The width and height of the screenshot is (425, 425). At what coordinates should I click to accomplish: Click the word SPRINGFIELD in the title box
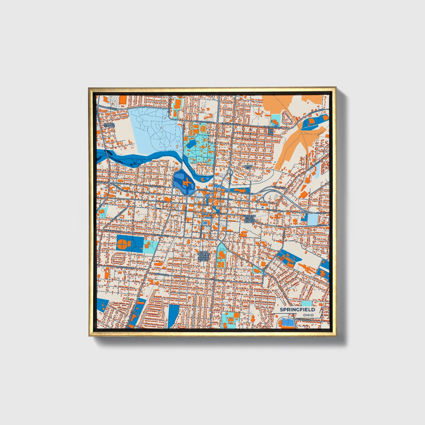297,309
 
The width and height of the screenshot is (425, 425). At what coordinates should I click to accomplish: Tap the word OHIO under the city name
309,315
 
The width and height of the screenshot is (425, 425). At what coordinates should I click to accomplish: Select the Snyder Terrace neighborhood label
109,125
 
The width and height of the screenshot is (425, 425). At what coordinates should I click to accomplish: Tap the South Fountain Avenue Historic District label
203,256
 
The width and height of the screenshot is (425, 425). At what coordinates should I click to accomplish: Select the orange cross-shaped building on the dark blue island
186,183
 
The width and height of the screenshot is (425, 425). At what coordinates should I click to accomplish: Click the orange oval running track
203,128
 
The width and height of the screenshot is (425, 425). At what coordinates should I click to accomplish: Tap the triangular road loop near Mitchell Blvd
286,118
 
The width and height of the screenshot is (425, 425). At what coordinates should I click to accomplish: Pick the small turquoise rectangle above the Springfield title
307,303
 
